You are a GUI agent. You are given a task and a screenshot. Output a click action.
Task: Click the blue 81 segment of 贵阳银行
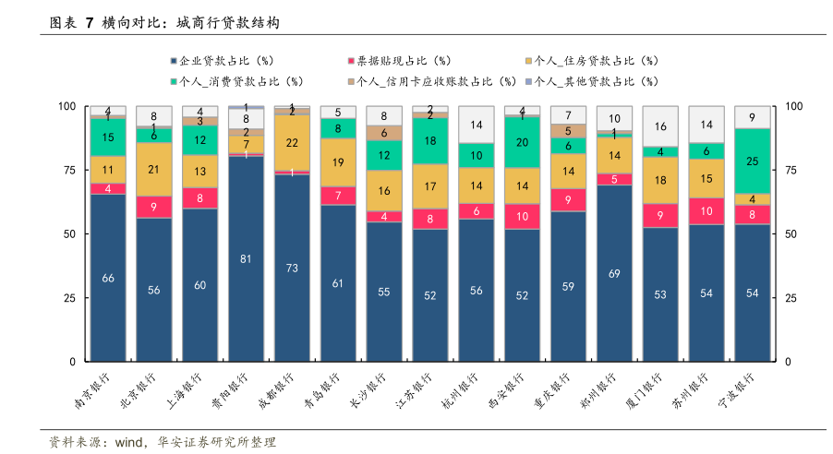click(x=246, y=259)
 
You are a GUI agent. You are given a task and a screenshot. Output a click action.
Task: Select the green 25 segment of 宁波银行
click(x=752, y=161)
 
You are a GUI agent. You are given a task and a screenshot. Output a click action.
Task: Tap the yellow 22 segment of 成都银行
click(x=292, y=143)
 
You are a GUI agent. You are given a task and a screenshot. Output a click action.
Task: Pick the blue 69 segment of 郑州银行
click(x=614, y=273)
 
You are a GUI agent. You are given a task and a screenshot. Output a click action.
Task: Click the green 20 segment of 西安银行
click(x=522, y=142)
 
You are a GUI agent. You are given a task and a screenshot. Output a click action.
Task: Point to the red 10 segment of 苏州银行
click(x=706, y=211)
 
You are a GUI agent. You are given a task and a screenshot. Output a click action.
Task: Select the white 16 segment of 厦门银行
click(x=660, y=126)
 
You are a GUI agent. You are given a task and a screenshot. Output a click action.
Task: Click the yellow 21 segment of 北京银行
click(x=154, y=169)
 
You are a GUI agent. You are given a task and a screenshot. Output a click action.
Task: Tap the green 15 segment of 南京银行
click(x=108, y=137)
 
